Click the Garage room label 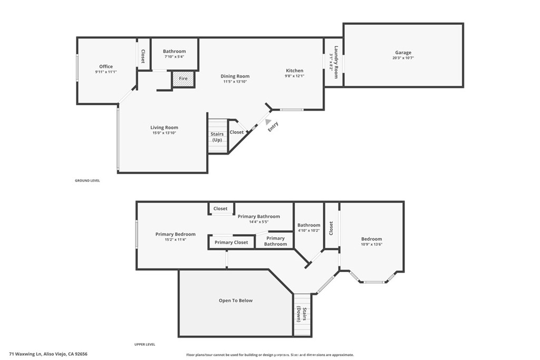403,53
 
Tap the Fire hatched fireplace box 184,79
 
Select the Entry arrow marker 268,121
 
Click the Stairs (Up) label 217,137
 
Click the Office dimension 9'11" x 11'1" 106,72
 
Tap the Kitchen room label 295,71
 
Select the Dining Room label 235,76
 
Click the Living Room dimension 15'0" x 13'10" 164,133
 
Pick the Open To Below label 236,300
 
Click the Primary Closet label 231,242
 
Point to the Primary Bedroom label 176,234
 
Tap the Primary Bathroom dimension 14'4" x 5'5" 258,222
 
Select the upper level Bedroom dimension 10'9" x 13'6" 371,244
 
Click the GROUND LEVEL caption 87,180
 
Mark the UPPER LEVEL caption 144,344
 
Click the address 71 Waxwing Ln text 48,354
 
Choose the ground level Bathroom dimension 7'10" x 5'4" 174,56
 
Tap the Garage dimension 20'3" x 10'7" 403,58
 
